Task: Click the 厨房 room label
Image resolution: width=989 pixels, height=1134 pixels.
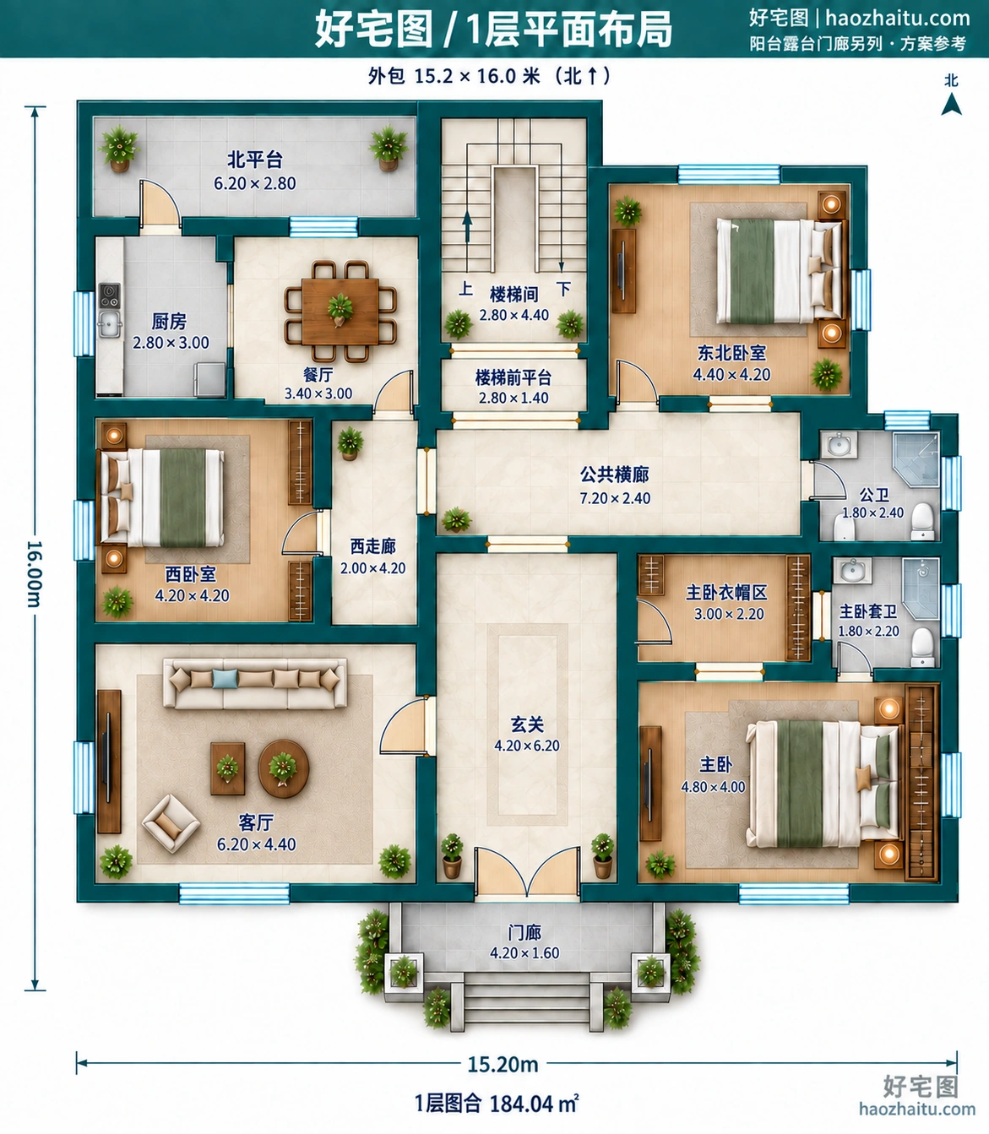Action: point(169,321)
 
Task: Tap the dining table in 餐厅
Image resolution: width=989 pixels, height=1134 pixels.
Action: point(340,312)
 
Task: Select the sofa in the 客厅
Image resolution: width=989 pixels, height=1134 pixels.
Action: point(255,683)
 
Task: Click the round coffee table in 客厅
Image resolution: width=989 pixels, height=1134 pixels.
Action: point(283,768)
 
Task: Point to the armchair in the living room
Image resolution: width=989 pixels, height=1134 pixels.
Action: point(171,823)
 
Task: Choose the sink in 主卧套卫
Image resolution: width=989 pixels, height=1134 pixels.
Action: point(853,570)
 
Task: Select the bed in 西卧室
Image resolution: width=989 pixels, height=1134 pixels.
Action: point(161,497)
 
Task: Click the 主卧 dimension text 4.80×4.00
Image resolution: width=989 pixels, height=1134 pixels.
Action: point(713,786)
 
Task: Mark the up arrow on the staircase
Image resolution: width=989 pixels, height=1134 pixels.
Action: point(467,226)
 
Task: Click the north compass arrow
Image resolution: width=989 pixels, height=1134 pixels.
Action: point(951,104)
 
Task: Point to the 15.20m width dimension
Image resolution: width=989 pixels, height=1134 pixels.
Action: point(503,1064)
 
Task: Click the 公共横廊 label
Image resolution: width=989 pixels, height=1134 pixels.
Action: point(614,474)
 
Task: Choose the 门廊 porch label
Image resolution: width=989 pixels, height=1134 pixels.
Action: point(524,932)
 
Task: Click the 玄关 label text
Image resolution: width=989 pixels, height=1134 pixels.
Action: point(527,724)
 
